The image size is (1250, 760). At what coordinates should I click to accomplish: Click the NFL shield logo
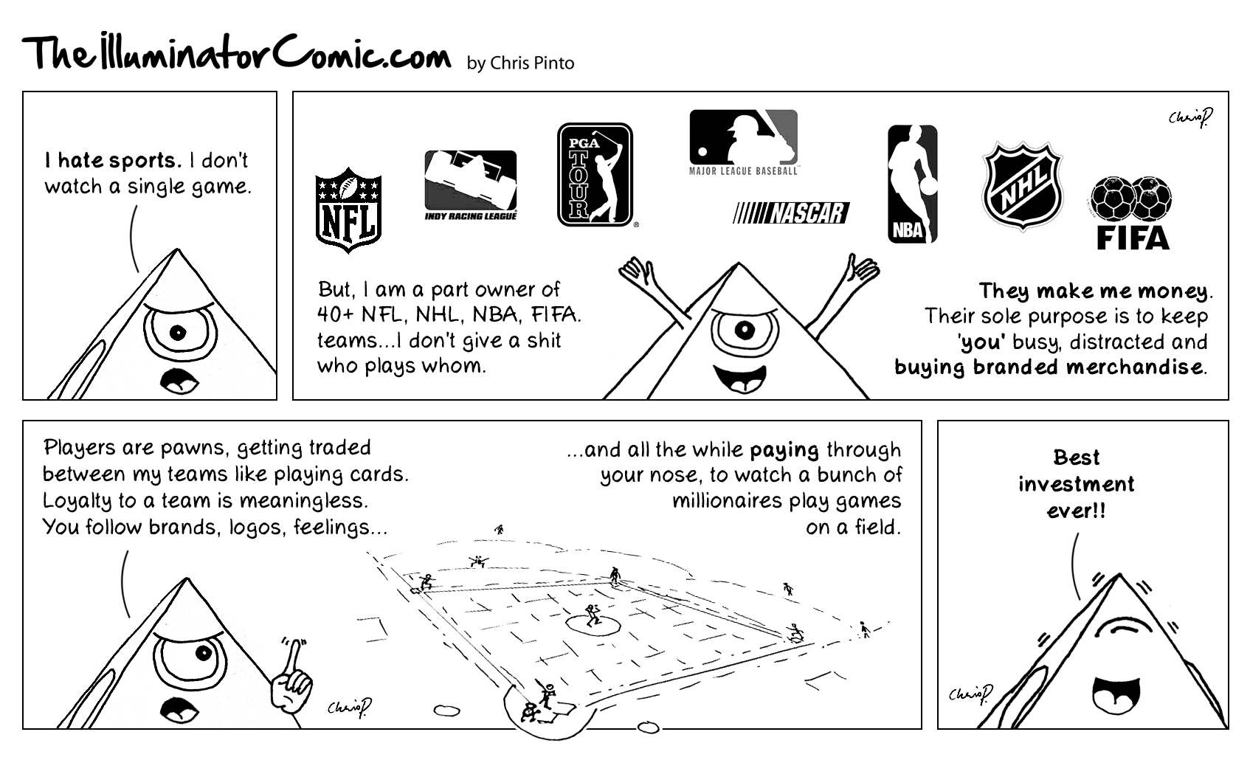[348, 210]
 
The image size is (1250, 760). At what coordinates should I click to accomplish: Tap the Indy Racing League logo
[471, 185]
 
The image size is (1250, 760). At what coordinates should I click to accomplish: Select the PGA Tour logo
[595, 175]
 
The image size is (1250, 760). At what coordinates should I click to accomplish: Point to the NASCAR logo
[791, 213]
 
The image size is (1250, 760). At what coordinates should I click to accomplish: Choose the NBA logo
[912, 184]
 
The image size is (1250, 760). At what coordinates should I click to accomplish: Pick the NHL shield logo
[1022, 186]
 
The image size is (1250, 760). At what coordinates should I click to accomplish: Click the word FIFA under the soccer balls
[1132, 238]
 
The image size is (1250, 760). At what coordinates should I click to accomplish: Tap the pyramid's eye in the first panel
[178, 333]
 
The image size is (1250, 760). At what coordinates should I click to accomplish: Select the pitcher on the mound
[593, 615]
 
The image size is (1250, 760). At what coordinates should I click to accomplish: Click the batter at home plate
[547, 695]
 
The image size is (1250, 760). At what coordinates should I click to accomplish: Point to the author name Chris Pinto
[532, 63]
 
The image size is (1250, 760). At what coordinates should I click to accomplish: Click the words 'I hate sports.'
[114, 161]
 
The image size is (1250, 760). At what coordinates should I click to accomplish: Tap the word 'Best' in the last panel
[1076, 457]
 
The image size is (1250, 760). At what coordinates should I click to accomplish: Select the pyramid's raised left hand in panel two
[635, 272]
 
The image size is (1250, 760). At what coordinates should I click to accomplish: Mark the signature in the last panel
[970, 694]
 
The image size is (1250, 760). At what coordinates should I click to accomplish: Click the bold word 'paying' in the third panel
[784, 451]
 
